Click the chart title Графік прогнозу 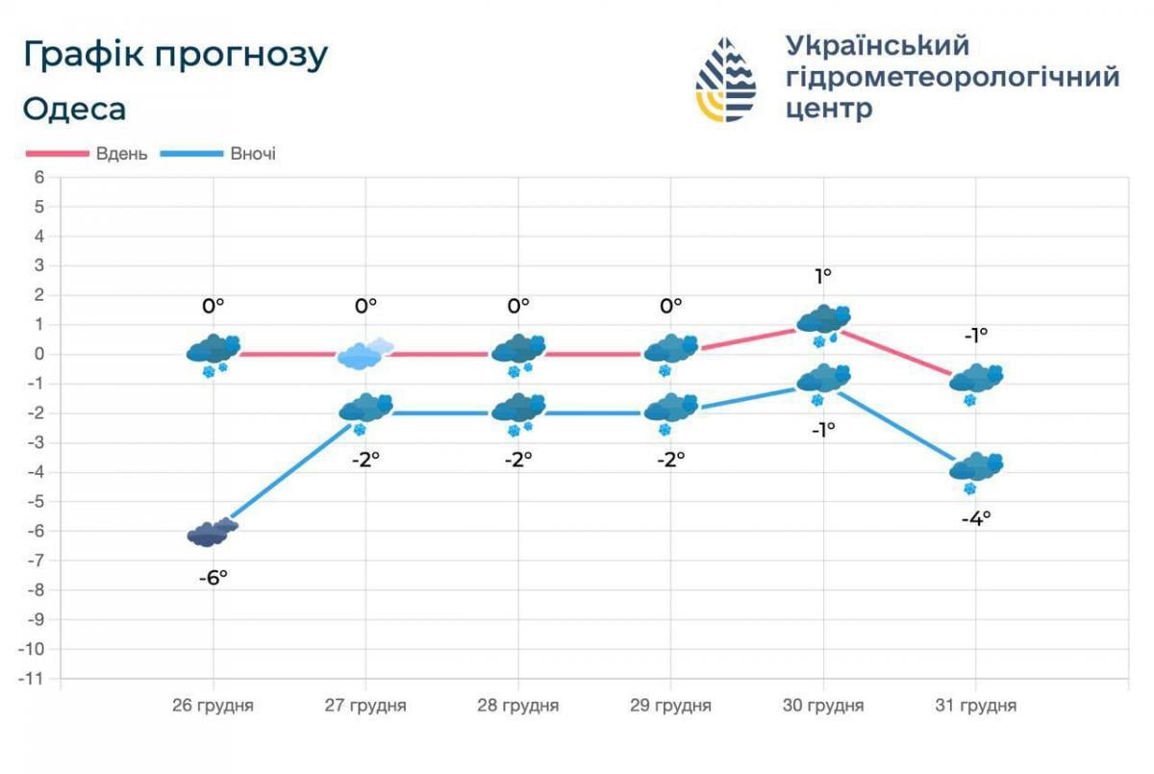pyautogui.click(x=175, y=56)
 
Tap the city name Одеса pyautogui.click(x=74, y=110)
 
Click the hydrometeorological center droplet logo pyautogui.click(x=726, y=80)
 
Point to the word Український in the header pyautogui.click(x=877, y=45)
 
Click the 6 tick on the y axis pyautogui.click(x=39, y=177)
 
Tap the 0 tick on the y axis pyautogui.click(x=39, y=354)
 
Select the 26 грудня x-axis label pyautogui.click(x=213, y=706)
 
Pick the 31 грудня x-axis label pyautogui.click(x=976, y=706)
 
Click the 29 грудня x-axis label pyautogui.click(x=671, y=706)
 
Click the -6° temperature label pyautogui.click(x=213, y=578)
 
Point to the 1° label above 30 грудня pyautogui.click(x=823, y=276)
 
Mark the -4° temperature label pyautogui.click(x=976, y=518)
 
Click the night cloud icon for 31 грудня pyautogui.click(x=976, y=468)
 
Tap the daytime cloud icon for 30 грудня pyautogui.click(x=824, y=321)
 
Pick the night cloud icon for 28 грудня pyautogui.click(x=518, y=410)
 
